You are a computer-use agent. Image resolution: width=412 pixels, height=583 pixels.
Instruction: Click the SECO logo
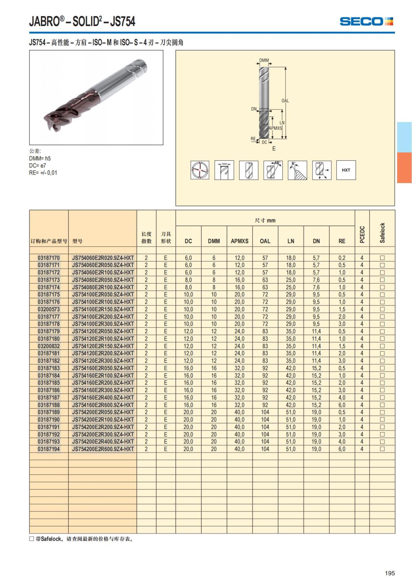tap(366, 21)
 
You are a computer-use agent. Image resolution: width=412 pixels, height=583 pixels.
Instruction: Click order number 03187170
tap(49, 258)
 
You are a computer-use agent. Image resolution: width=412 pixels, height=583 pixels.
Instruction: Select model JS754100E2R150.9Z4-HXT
tap(103, 309)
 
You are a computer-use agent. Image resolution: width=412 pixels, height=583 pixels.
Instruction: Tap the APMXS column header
tap(240, 241)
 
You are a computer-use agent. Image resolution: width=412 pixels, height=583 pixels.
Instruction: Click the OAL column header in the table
tap(265, 241)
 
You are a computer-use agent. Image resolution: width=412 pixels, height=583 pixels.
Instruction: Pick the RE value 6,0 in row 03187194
tap(342, 449)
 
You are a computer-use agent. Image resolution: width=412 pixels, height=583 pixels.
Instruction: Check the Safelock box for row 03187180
tap(382, 339)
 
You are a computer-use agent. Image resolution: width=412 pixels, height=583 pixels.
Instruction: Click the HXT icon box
tap(346, 170)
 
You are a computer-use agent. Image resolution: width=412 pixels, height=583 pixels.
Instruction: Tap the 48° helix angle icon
tap(273, 170)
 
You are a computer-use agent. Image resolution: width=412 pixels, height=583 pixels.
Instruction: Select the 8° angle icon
tap(297, 170)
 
